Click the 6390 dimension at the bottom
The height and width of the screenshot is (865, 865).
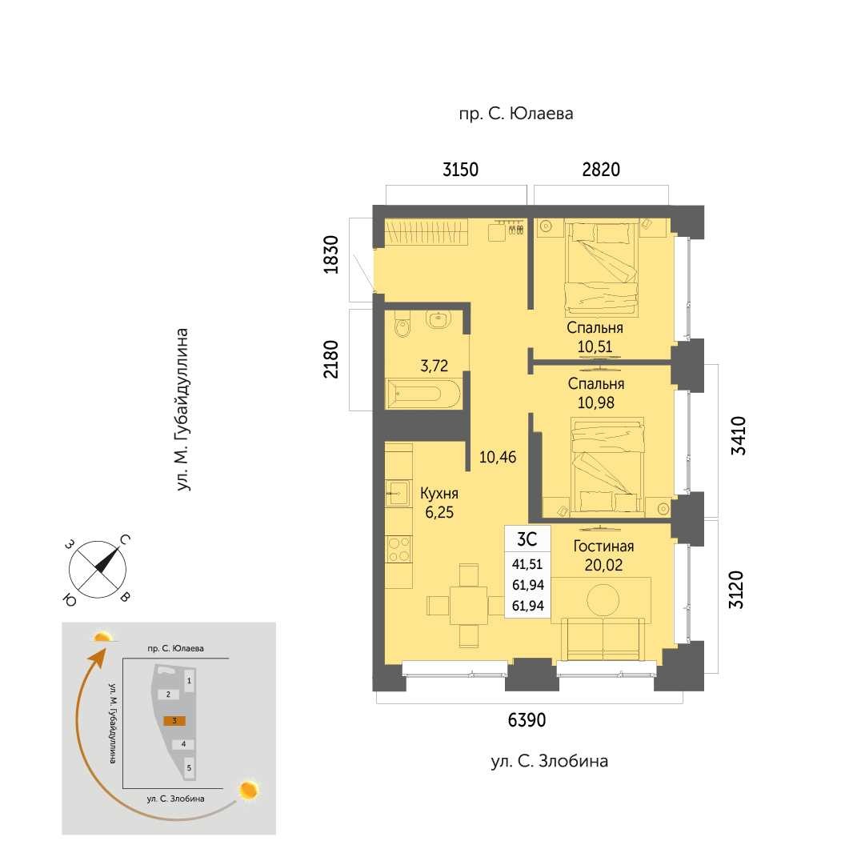pos(527,719)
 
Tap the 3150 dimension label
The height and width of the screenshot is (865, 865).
pos(461,170)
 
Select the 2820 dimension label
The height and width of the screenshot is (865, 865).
pos(601,170)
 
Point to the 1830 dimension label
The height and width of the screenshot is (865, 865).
pos(331,254)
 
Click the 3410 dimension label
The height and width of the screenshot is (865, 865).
pos(738,436)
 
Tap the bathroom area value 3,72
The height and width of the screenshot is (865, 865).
pos(435,366)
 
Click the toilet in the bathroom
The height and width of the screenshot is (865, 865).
pos(402,325)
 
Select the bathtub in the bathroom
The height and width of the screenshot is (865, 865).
pos(423,394)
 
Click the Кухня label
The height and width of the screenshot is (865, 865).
pos(439,493)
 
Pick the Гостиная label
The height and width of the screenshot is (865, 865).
pos(603,547)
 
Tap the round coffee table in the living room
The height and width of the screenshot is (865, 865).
pos(603,599)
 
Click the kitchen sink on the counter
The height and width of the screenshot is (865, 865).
pos(397,493)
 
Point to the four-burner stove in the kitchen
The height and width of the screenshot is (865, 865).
pos(398,550)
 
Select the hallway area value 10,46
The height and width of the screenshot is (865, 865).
pos(498,458)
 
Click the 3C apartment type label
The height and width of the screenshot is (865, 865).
pos(527,539)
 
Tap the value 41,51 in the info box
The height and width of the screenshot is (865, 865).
pos(527,564)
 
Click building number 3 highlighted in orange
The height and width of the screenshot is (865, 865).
pos(174,720)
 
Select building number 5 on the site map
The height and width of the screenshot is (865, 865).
pos(189,767)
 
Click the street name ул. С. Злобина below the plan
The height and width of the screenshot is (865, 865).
pos(550,761)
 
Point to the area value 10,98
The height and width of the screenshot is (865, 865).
pos(596,402)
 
